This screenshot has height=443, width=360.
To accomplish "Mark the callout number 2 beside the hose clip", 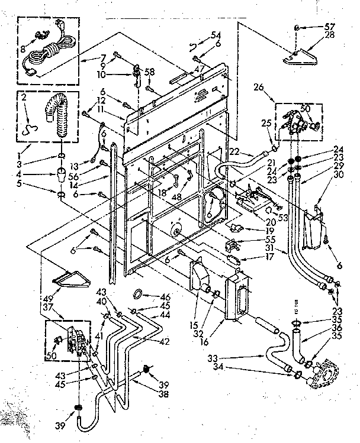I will pyautogui.click(x=24, y=98).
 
